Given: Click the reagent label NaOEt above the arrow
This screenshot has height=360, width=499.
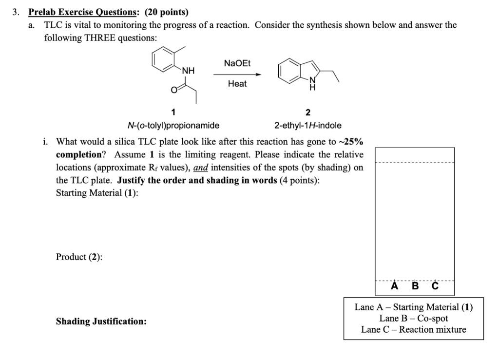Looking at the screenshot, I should (237, 63).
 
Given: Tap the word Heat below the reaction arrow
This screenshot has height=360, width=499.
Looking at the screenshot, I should (237, 84).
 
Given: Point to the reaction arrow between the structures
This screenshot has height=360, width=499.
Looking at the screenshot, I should (237, 74).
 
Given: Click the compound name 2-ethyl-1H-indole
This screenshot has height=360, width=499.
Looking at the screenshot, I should (308, 125).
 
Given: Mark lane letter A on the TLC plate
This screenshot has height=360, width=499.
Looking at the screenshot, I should (394, 286).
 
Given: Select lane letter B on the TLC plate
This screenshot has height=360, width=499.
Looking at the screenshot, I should (415, 286).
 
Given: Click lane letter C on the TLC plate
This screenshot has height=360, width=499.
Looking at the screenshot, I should (435, 286).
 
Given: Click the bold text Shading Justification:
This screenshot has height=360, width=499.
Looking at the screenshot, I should (101, 322).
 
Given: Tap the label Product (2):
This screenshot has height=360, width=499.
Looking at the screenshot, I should (79, 257).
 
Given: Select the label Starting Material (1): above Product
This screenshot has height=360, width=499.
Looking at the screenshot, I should (97, 192).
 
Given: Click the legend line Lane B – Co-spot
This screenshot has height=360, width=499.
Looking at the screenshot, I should (413, 318).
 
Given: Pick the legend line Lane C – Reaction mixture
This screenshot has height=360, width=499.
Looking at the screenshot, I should (413, 329).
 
